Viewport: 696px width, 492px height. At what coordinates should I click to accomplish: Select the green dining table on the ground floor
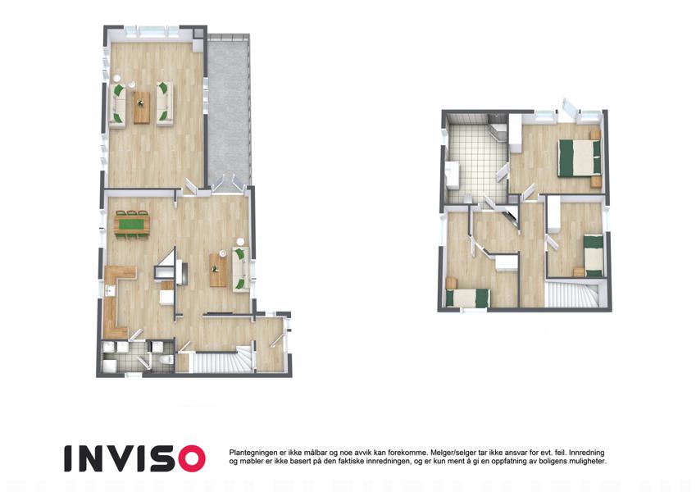tap(132, 224)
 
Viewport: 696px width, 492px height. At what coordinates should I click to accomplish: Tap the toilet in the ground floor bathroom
tap(167, 359)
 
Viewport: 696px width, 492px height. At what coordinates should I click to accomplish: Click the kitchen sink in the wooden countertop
tap(110, 291)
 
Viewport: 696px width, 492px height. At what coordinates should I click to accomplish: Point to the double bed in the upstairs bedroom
tap(580, 157)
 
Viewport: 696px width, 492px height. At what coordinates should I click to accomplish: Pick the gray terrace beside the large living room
tap(229, 111)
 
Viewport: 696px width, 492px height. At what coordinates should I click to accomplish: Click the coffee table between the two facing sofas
tap(142, 107)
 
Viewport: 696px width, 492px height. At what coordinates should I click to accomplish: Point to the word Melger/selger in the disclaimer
tap(450, 453)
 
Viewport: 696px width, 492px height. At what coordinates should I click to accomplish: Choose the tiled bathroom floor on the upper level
tap(477, 160)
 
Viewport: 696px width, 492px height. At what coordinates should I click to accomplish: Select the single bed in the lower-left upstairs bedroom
tap(469, 298)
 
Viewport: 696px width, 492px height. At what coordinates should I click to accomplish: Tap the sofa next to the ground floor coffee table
tap(240, 270)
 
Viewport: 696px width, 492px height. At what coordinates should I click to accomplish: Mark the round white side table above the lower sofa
tap(240, 243)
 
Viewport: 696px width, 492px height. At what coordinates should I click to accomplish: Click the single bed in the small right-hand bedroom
tap(594, 256)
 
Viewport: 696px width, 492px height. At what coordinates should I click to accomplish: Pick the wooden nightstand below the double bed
tap(595, 182)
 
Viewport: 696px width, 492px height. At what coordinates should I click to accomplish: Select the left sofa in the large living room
tap(117, 105)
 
